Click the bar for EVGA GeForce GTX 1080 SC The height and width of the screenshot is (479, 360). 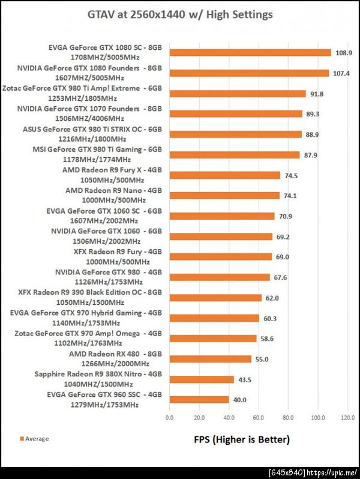(x=250, y=53)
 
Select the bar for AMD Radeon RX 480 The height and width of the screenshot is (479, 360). (x=210, y=359)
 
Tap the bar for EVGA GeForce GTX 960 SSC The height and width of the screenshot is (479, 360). (x=199, y=400)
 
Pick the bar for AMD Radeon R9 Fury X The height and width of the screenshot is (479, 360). (x=224, y=175)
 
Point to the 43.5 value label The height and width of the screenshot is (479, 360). (x=245, y=379)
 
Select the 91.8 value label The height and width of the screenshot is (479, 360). (x=317, y=94)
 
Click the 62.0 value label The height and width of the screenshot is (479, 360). (x=272, y=298)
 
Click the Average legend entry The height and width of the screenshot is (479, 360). (x=35, y=439)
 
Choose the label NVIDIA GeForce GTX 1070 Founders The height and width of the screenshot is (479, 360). (x=89, y=109)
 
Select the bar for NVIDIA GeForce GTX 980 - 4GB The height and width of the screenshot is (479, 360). (x=220, y=277)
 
